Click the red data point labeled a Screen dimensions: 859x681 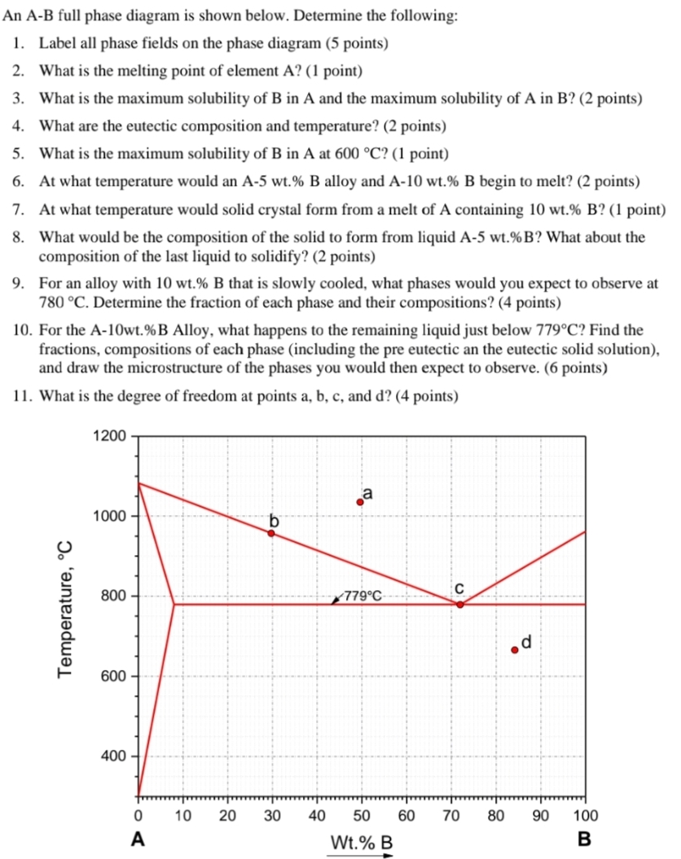point(360,502)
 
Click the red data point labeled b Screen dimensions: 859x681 point(271,533)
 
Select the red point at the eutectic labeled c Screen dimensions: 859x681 point(459,604)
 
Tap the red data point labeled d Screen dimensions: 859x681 point(514,650)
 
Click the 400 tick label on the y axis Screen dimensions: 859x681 point(112,756)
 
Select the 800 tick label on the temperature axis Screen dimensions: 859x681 point(112,596)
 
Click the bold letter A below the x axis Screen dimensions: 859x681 point(138,838)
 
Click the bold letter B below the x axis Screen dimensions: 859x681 point(583,838)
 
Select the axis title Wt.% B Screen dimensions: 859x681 point(361,840)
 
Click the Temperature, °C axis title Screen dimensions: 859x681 point(65,608)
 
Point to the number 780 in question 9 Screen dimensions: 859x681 point(51,303)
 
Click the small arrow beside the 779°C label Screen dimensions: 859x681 point(337,600)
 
